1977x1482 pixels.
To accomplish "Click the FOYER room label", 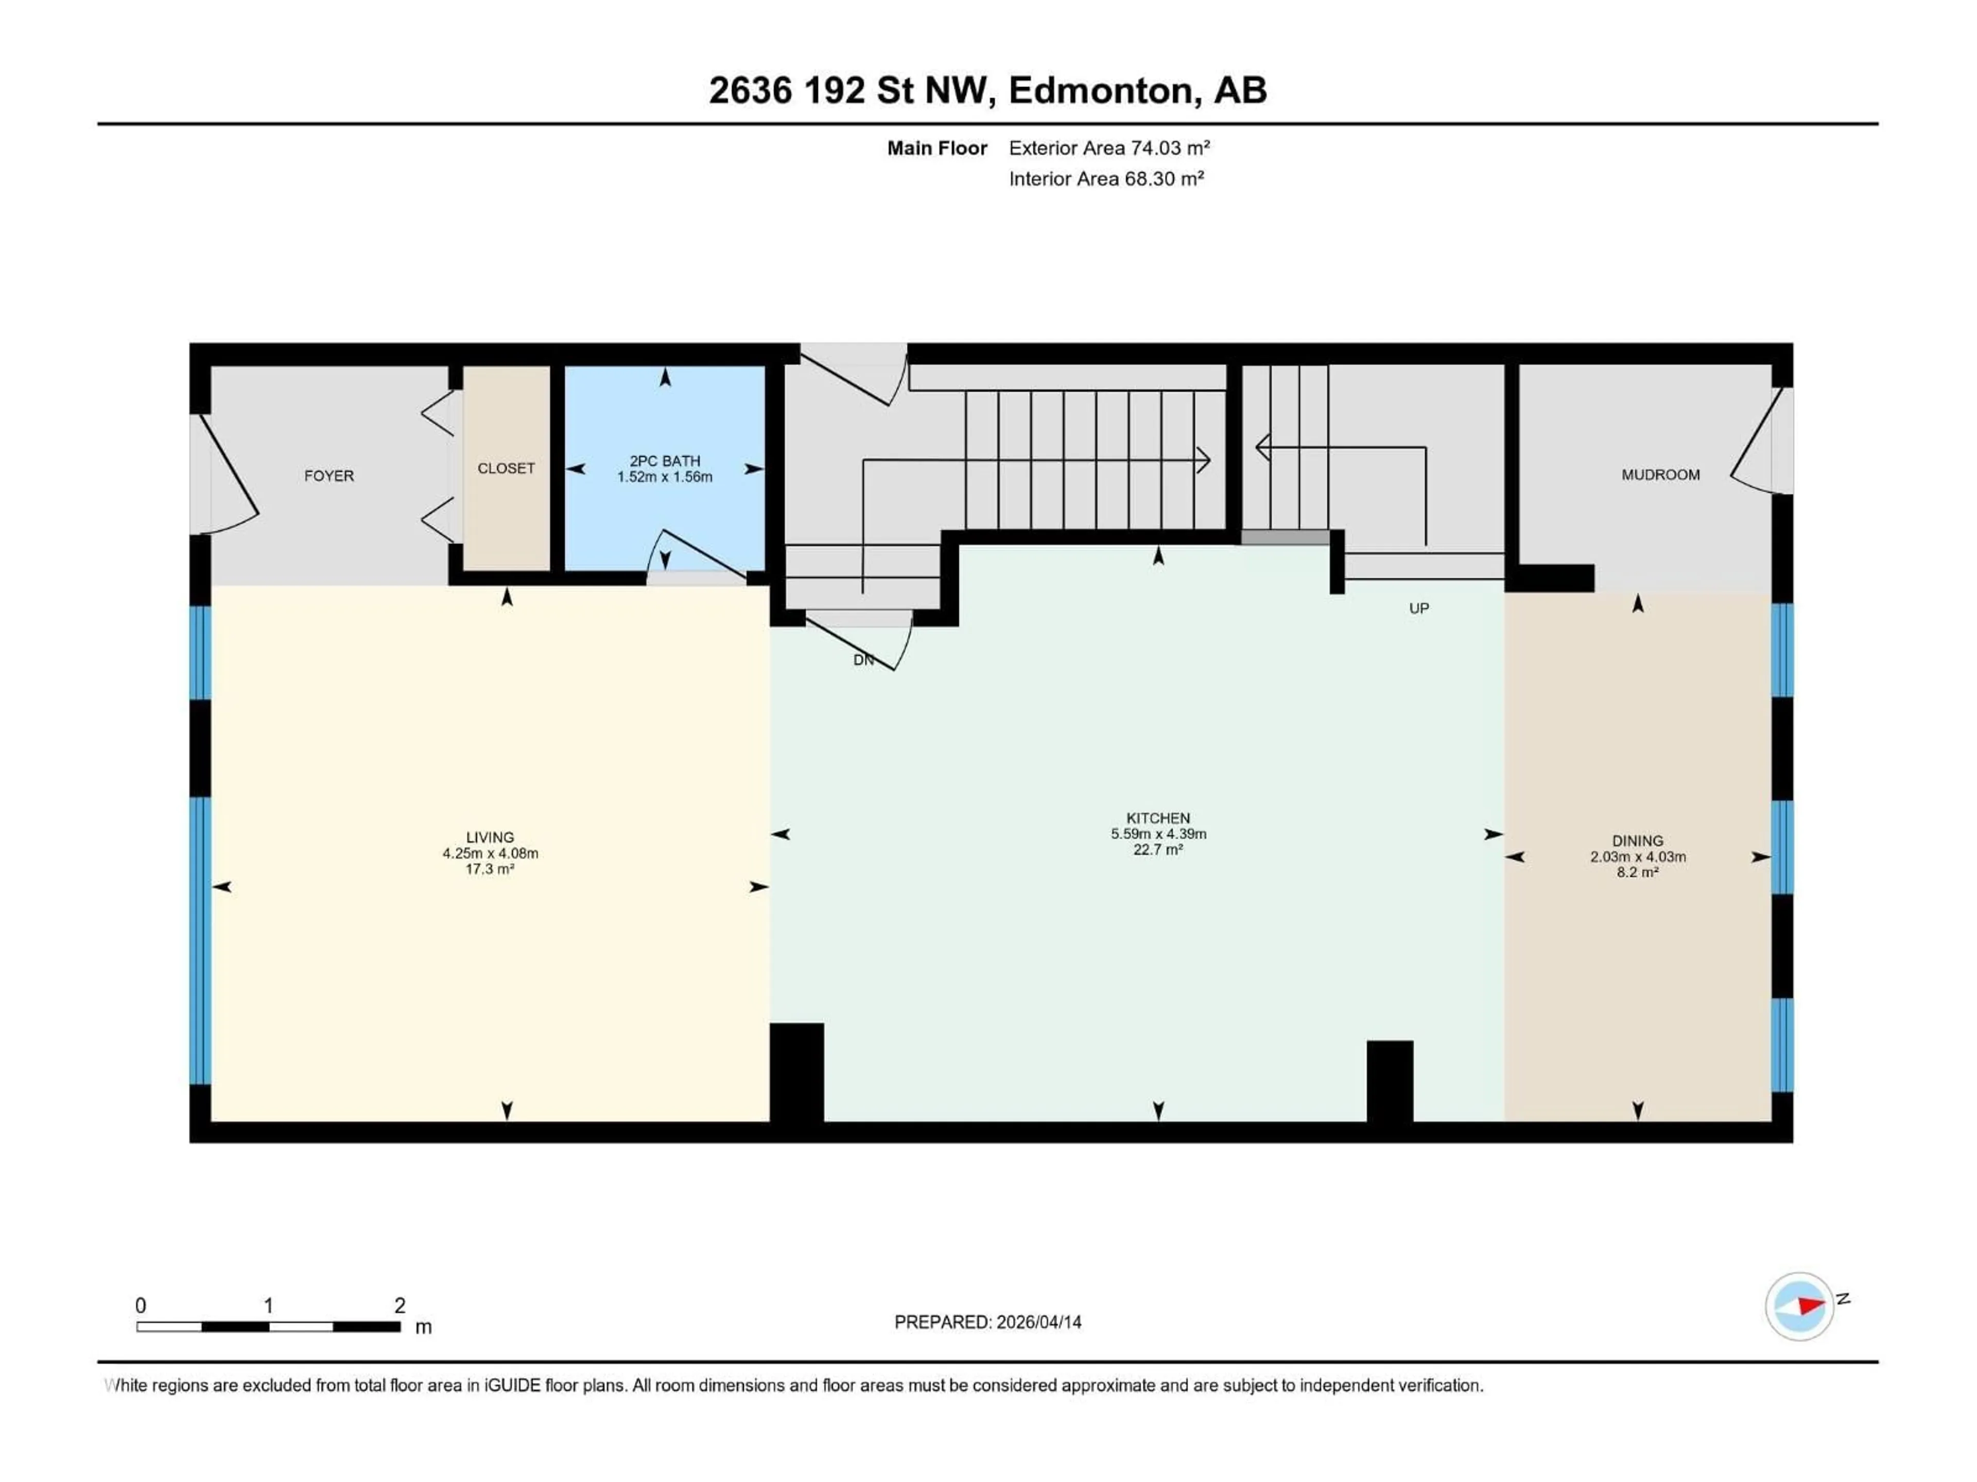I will (x=329, y=476).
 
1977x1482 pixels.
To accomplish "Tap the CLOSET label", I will (x=506, y=468).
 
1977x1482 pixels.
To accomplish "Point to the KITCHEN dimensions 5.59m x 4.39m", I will (x=1158, y=834).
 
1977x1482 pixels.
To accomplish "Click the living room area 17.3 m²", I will (x=490, y=869).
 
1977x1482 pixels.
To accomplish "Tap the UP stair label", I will (x=1418, y=608).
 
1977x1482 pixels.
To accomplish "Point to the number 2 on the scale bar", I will (x=400, y=1305).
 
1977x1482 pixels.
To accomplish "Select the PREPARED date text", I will (x=987, y=1322).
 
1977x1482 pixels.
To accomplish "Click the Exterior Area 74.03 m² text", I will (x=1108, y=148).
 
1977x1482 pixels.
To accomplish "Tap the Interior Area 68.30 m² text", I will (x=1105, y=179).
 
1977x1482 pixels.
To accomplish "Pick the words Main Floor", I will (x=937, y=148).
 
